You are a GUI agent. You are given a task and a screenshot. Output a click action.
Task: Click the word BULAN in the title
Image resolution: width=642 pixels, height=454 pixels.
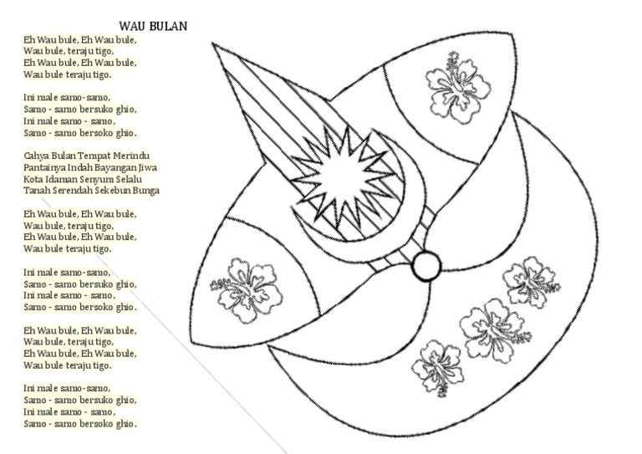pyautogui.click(x=168, y=27)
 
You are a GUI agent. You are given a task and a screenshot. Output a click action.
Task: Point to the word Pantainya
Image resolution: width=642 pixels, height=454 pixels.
pyautogui.click(x=45, y=167)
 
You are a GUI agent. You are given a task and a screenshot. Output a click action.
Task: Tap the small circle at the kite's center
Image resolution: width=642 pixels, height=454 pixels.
pyautogui.click(x=425, y=267)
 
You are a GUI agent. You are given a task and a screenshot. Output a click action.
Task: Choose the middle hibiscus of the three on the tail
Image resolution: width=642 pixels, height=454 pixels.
pyautogui.click(x=492, y=329)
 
